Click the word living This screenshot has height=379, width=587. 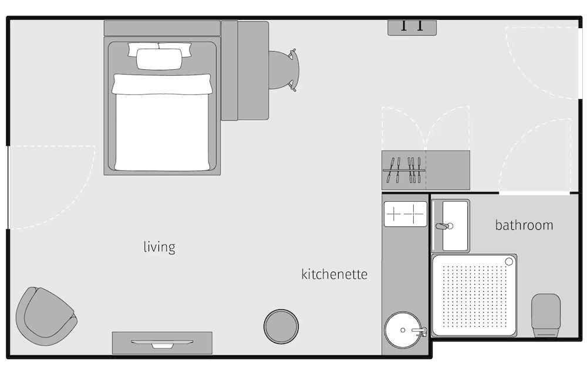point(160,248)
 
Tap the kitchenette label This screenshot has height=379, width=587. point(335,274)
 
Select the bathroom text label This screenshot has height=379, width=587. point(524,225)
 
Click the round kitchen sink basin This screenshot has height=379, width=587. point(403,330)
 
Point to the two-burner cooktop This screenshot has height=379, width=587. point(406,214)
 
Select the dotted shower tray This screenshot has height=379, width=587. point(474,296)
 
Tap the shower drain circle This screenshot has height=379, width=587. point(509,262)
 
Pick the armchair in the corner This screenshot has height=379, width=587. point(46,316)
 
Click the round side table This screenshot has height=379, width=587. point(281,326)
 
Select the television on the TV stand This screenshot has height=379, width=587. point(162,344)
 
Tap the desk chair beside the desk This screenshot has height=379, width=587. point(284,70)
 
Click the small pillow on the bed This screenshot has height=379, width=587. point(159,59)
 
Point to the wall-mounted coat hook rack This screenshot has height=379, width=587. point(412,28)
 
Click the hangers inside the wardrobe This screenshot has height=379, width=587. point(404,170)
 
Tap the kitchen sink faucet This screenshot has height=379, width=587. point(419,330)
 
